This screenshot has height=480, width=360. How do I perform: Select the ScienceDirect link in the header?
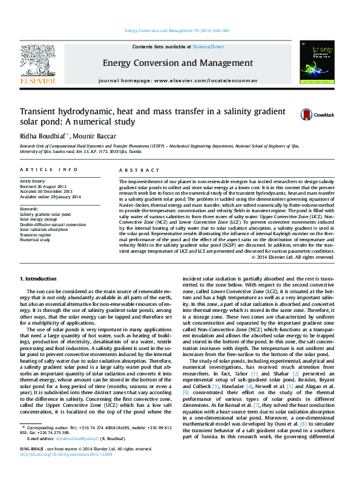tap(208, 47)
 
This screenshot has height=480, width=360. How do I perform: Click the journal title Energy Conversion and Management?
tap(177, 63)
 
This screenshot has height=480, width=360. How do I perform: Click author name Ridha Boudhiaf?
tap(44, 137)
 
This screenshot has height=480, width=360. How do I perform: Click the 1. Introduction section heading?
tap(39, 279)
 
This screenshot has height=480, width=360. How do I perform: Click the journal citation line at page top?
tap(176, 30)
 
